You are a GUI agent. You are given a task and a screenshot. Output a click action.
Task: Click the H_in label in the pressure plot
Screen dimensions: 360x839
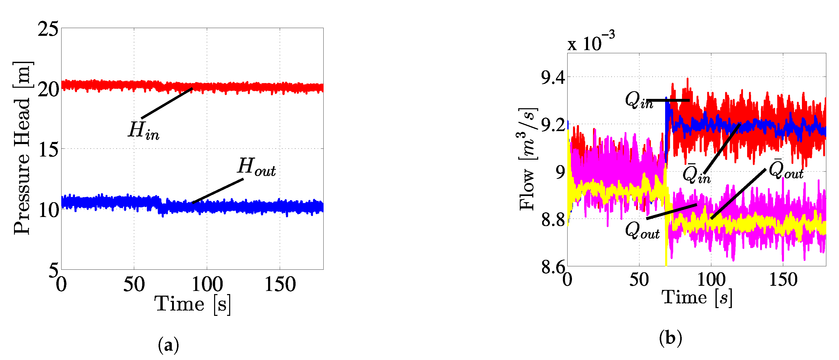tap(144, 131)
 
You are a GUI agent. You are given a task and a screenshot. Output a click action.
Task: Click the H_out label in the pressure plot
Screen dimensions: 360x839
tap(257, 167)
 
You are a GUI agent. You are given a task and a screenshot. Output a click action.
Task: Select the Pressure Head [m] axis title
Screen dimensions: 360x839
tap(22, 148)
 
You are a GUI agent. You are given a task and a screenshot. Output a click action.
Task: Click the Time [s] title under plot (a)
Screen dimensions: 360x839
tap(193, 304)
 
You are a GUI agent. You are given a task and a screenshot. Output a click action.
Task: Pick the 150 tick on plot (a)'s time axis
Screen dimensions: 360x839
tap(280, 284)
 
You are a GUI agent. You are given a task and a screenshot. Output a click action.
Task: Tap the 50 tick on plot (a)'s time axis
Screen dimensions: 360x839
tap(134, 284)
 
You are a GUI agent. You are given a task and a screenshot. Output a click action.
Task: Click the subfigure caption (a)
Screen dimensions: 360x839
tap(168, 345)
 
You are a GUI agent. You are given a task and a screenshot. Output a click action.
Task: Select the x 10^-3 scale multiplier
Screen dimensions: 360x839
tap(591, 42)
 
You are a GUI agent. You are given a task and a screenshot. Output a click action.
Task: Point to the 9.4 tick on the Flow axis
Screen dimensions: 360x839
tap(553, 78)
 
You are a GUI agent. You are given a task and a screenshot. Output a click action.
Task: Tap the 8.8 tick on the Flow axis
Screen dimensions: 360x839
tap(553, 220)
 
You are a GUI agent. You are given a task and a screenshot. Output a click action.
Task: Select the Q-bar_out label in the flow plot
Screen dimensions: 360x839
tap(786, 169)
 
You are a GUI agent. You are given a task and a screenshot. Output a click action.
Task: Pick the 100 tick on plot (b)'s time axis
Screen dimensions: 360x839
tap(711, 280)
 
